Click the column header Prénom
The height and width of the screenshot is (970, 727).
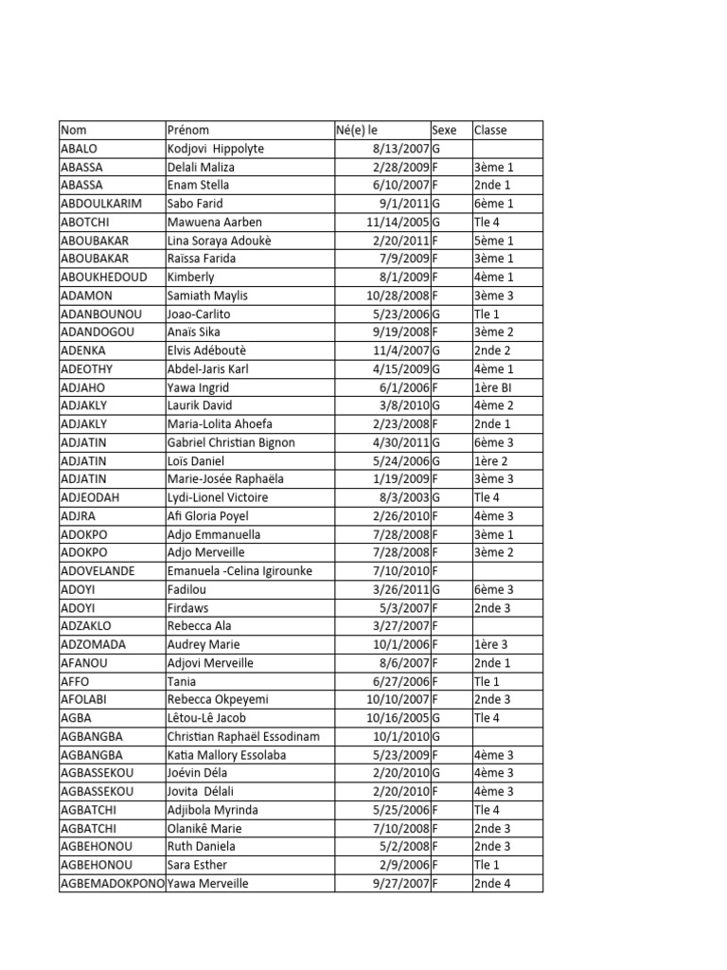pyautogui.click(x=188, y=130)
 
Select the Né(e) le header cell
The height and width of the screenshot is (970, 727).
pyautogui.click(x=356, y=130)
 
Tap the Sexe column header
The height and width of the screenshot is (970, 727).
pyautogui.click(x=444, y=130)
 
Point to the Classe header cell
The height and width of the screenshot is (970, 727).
pyautogui.click(x=490, y=130)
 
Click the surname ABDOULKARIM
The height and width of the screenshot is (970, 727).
pyautogui.click(x=98, y=204)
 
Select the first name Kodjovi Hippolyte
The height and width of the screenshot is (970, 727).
pyautogui.click(x=216, y=149)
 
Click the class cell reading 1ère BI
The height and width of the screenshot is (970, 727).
pyautogui.click(x=493, y=387)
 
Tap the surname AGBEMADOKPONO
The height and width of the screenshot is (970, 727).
pyautogui.click(x=112, y=884)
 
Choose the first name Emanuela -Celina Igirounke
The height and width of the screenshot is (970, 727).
pyautogui.click(x=239, y=571)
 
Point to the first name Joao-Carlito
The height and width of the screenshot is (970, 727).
pyautogui.click(x=199, y=314)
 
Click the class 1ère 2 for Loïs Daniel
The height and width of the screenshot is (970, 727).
pyautogui.click(x=490, y=460)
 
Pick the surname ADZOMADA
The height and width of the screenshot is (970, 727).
pyautogui.click(x=92, y=644)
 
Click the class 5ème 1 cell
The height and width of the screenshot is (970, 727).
pyautogui.click(x=493, y=241)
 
